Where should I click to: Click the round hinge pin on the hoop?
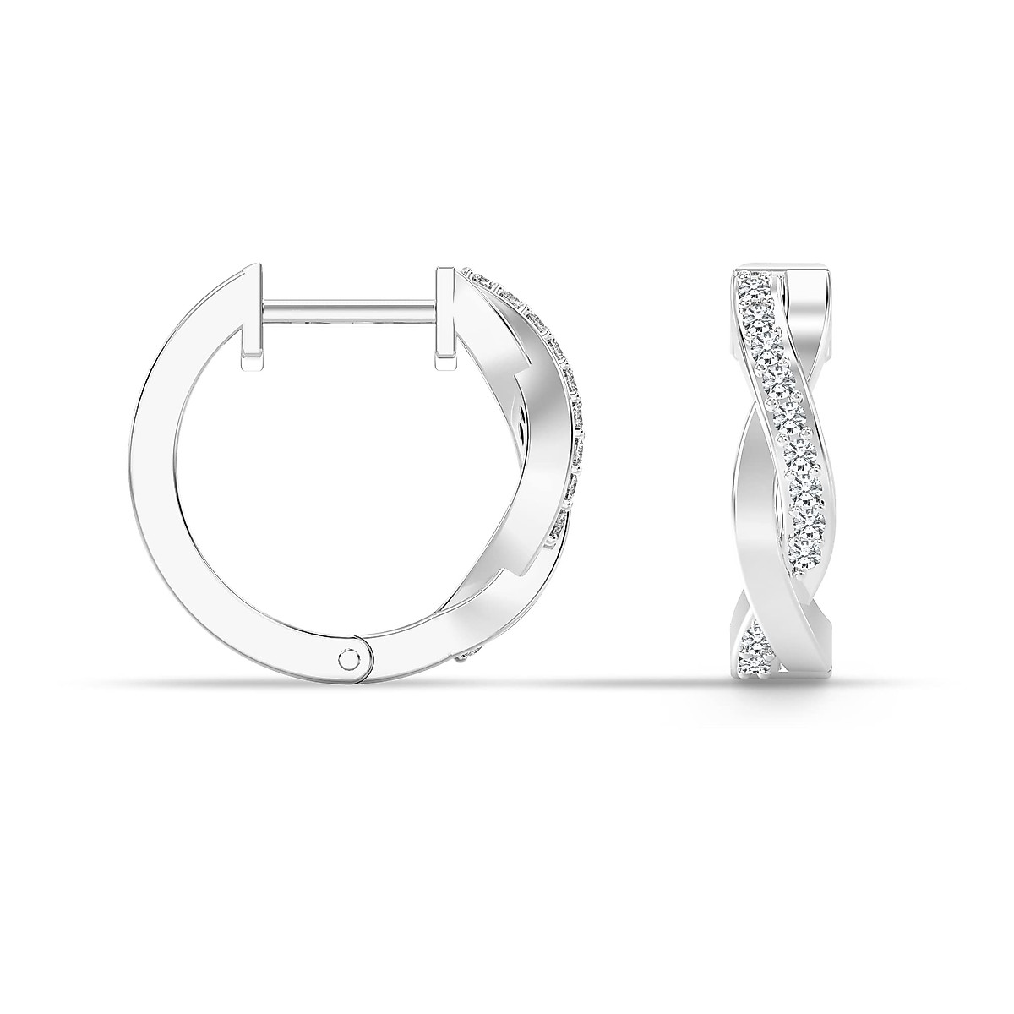pyautogui.click(x=348, y=658)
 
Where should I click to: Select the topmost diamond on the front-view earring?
pyautogui.click(x=749, y=282)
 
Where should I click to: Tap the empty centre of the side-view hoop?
pyautogui.click(x=346, y=473)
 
